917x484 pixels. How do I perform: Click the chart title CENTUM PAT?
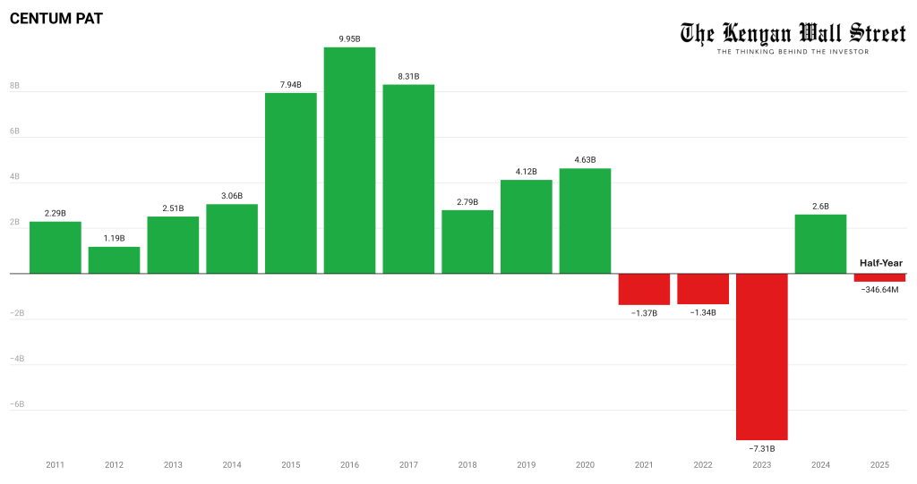coord(56,18)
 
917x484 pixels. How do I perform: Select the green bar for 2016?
coord(349,160)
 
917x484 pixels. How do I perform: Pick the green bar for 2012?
coord(114,259)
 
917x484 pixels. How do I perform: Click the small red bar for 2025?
coord(879,277)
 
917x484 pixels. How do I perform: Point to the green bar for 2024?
coord(820,243)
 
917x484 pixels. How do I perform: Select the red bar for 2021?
coord(644,289)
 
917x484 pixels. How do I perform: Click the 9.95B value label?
coord(349,38)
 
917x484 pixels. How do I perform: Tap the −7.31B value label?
coord(762,447)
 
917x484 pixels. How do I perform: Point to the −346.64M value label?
coord(879,289)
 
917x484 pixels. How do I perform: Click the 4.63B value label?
coord(585,160)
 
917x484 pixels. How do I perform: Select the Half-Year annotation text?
coord(881,263)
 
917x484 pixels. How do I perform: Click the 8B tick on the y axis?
coord(15,87)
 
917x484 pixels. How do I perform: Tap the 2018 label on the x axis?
coord(467,464)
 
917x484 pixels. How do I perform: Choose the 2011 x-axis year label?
coord(55,464)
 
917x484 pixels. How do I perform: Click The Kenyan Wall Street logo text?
coord(792,33)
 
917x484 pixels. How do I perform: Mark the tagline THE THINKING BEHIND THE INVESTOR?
coord(793,52)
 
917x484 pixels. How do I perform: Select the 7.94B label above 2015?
coord(290,84)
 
